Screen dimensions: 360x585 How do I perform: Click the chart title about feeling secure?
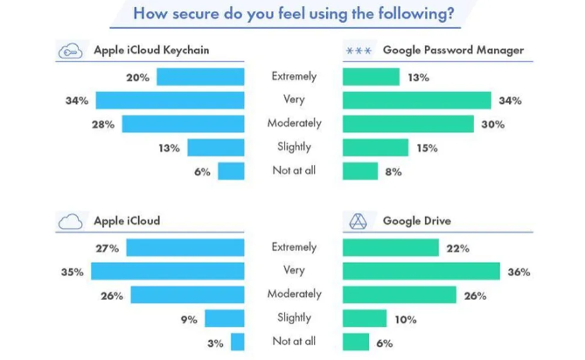[293, 13]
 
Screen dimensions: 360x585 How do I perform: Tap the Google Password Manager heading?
[453, 50]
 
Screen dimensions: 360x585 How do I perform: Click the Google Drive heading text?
[417, 220]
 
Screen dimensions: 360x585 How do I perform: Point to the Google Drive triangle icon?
[358, 220]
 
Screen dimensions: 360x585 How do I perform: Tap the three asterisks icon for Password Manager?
[359, 51]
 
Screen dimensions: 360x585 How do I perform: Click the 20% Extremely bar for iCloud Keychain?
[200, 77]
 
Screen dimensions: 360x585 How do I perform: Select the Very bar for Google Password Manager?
[416, 100]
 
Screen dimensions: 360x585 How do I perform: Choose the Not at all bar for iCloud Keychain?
[231, 171]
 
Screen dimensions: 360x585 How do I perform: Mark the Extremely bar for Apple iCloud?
[185, 248]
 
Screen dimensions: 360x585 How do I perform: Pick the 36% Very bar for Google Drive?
[421, 272]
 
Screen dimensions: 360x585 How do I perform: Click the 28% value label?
[103, 124]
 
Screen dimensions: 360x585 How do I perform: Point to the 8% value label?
[393, 172]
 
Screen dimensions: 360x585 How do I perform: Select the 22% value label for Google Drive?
[456, 248]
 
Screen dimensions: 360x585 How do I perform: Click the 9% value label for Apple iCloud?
[189, 319]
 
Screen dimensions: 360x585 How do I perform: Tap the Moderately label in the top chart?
[294, 123]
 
